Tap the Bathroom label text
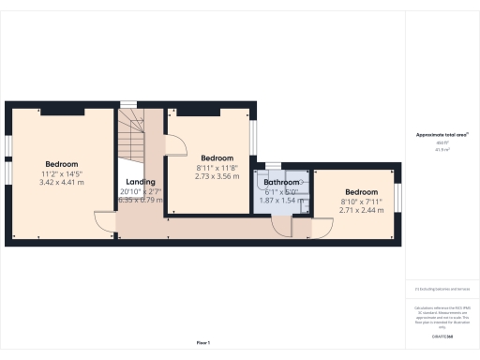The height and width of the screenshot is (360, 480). pyautogui.click(x=279, y=181)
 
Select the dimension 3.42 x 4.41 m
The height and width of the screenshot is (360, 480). pyautogui.click(x=61, y=183)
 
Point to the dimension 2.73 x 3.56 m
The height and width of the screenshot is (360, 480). pyautogui.click(x=217, y=175)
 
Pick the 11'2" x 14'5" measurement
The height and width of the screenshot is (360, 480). pyautogui.click(x=61, y=173)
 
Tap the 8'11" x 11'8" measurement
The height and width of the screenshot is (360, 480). pyautogui.click(x=217, y=167)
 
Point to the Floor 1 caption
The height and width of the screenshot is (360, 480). pyautogui.click(x=202, y=343)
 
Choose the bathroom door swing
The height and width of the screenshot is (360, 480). pyautogui.click(x=280, y=222)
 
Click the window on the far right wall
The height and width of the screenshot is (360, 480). pyautogui.click(x=398, y=197)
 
